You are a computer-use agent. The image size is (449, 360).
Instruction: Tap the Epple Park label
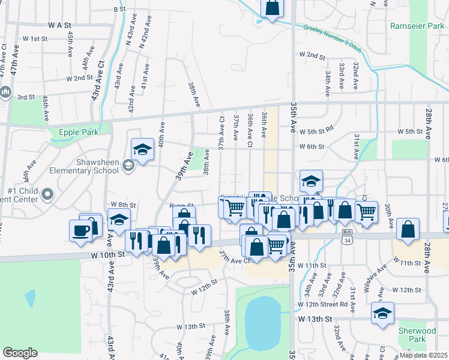click(77, 133)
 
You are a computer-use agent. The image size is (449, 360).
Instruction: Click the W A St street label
click(60, 26)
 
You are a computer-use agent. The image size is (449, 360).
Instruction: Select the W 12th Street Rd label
click(322, 304)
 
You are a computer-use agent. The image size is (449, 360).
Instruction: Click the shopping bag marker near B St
click(272, 8)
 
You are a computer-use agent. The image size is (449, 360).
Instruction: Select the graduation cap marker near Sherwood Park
click(382, 313)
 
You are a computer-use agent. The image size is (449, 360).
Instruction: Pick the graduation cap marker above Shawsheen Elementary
click(142, 148)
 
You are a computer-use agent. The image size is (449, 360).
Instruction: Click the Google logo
click(20, 353)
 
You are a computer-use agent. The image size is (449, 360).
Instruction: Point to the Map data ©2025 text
click(424, 355)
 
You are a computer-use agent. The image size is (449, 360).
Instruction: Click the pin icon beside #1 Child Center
click(49, 194)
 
